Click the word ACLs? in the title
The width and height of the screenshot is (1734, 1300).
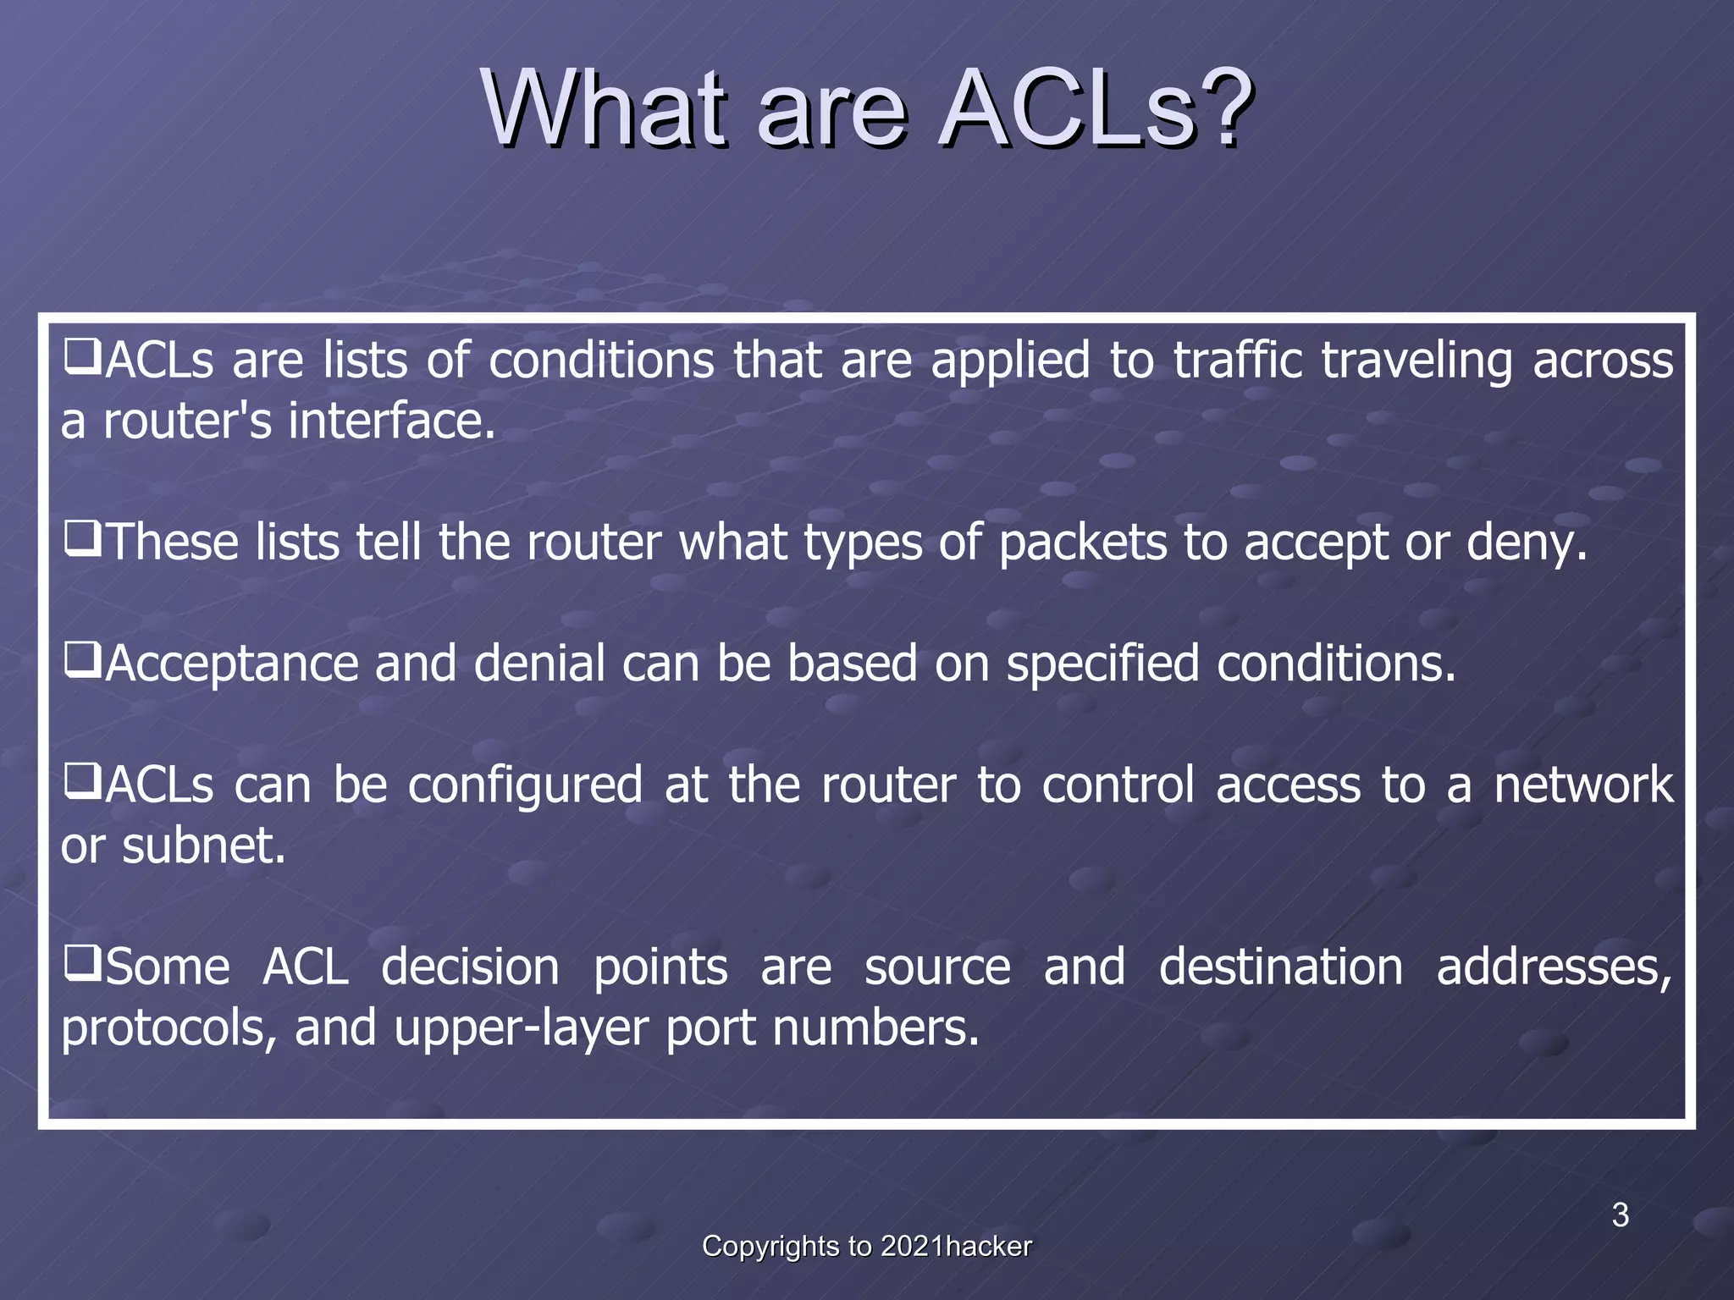[x=1096, y=110]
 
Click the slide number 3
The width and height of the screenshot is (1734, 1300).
[x=1620, y=1215]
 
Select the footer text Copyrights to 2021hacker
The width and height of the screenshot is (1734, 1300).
[x=866, y=1247]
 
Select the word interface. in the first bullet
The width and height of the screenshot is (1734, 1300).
[x=391, y=421]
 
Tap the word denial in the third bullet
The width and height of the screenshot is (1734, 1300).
[x=538, y=664]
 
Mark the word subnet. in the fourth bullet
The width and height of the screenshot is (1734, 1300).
[x=203, y=846]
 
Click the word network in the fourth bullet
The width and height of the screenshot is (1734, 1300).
[x=1582, y=785]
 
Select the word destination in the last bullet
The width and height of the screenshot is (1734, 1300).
[x=1280, y=967]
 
